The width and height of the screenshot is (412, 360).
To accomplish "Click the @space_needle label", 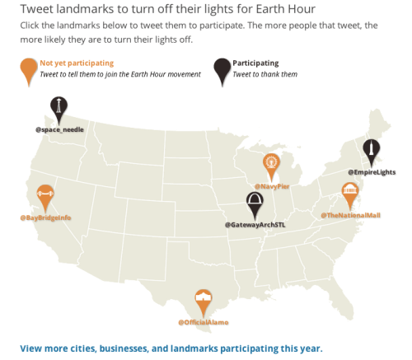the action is pos(59,129).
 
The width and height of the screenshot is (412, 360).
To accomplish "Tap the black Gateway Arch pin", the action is pos(255,203).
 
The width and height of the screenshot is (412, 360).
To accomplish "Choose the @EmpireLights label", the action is pos(372,171).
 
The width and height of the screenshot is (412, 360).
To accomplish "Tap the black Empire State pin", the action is pos(372,150).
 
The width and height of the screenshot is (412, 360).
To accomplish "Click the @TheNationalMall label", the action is pos(350,216).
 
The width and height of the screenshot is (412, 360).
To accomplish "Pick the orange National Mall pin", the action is pos(350,194).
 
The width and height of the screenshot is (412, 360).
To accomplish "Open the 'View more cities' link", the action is pos(171,348).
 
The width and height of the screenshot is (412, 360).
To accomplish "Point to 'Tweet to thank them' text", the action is pos(265,74).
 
